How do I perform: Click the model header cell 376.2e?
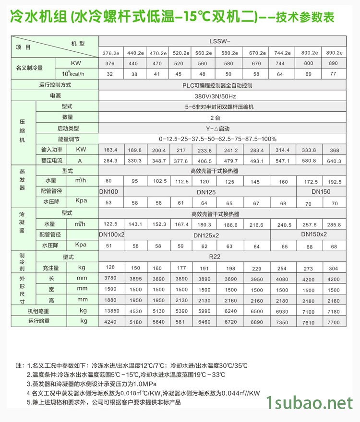(x=110, y=53)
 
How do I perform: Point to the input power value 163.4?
(x=110, y=150)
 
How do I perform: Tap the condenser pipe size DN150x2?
(x=314, y=234)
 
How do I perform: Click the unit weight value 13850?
(x=110, y=312)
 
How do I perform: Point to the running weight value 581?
(x=181, y=322)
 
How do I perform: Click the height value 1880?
(x=110, y=301)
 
